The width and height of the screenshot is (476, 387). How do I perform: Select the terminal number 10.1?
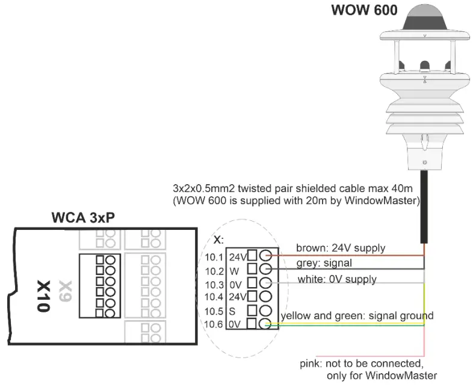[x=214, y=257]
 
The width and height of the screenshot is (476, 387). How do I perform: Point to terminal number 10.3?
[x=214, y=283]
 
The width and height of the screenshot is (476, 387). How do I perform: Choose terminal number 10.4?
[x=214, y=296]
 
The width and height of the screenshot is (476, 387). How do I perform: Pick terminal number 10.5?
[x=214, y=311]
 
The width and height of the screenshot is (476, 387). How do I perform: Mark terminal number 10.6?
[x=214, y=324]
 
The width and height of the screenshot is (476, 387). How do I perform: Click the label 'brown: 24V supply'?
[x=340, y=247]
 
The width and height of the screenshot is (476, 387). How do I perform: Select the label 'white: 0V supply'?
[x=337, y=279]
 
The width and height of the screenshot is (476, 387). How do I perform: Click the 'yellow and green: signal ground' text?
[x=357, y=315]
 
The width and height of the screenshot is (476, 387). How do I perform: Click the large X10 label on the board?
[x=42, y=295]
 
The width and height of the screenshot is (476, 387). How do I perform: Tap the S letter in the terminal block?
[x=232, y=311]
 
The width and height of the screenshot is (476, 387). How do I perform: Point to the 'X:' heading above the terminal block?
[x=218, y=240]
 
